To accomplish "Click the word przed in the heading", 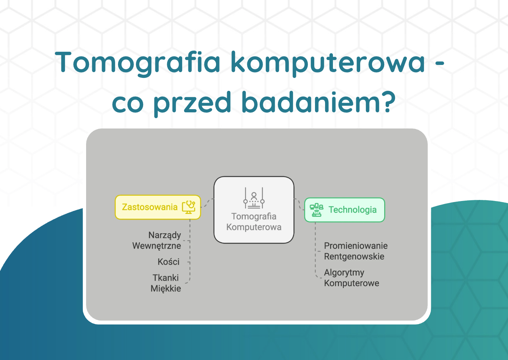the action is point(192,104).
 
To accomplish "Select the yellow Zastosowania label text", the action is point(150,207).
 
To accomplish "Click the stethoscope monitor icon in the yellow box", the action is point(189,207).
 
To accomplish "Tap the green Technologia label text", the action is point(353,210).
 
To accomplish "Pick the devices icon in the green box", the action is point(316,210).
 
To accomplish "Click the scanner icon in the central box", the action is point(254,198).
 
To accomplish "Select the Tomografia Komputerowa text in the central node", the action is point(254,221).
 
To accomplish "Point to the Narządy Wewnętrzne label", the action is point(157,240).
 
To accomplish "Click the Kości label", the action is point(169,262).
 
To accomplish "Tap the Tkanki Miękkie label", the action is point(166,283).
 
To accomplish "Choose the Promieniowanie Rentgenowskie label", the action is point(356,251).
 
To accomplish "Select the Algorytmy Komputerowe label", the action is point(352,278).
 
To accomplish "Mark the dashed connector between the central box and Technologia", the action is point(299,204).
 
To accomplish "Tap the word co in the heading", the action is point(128,104).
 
